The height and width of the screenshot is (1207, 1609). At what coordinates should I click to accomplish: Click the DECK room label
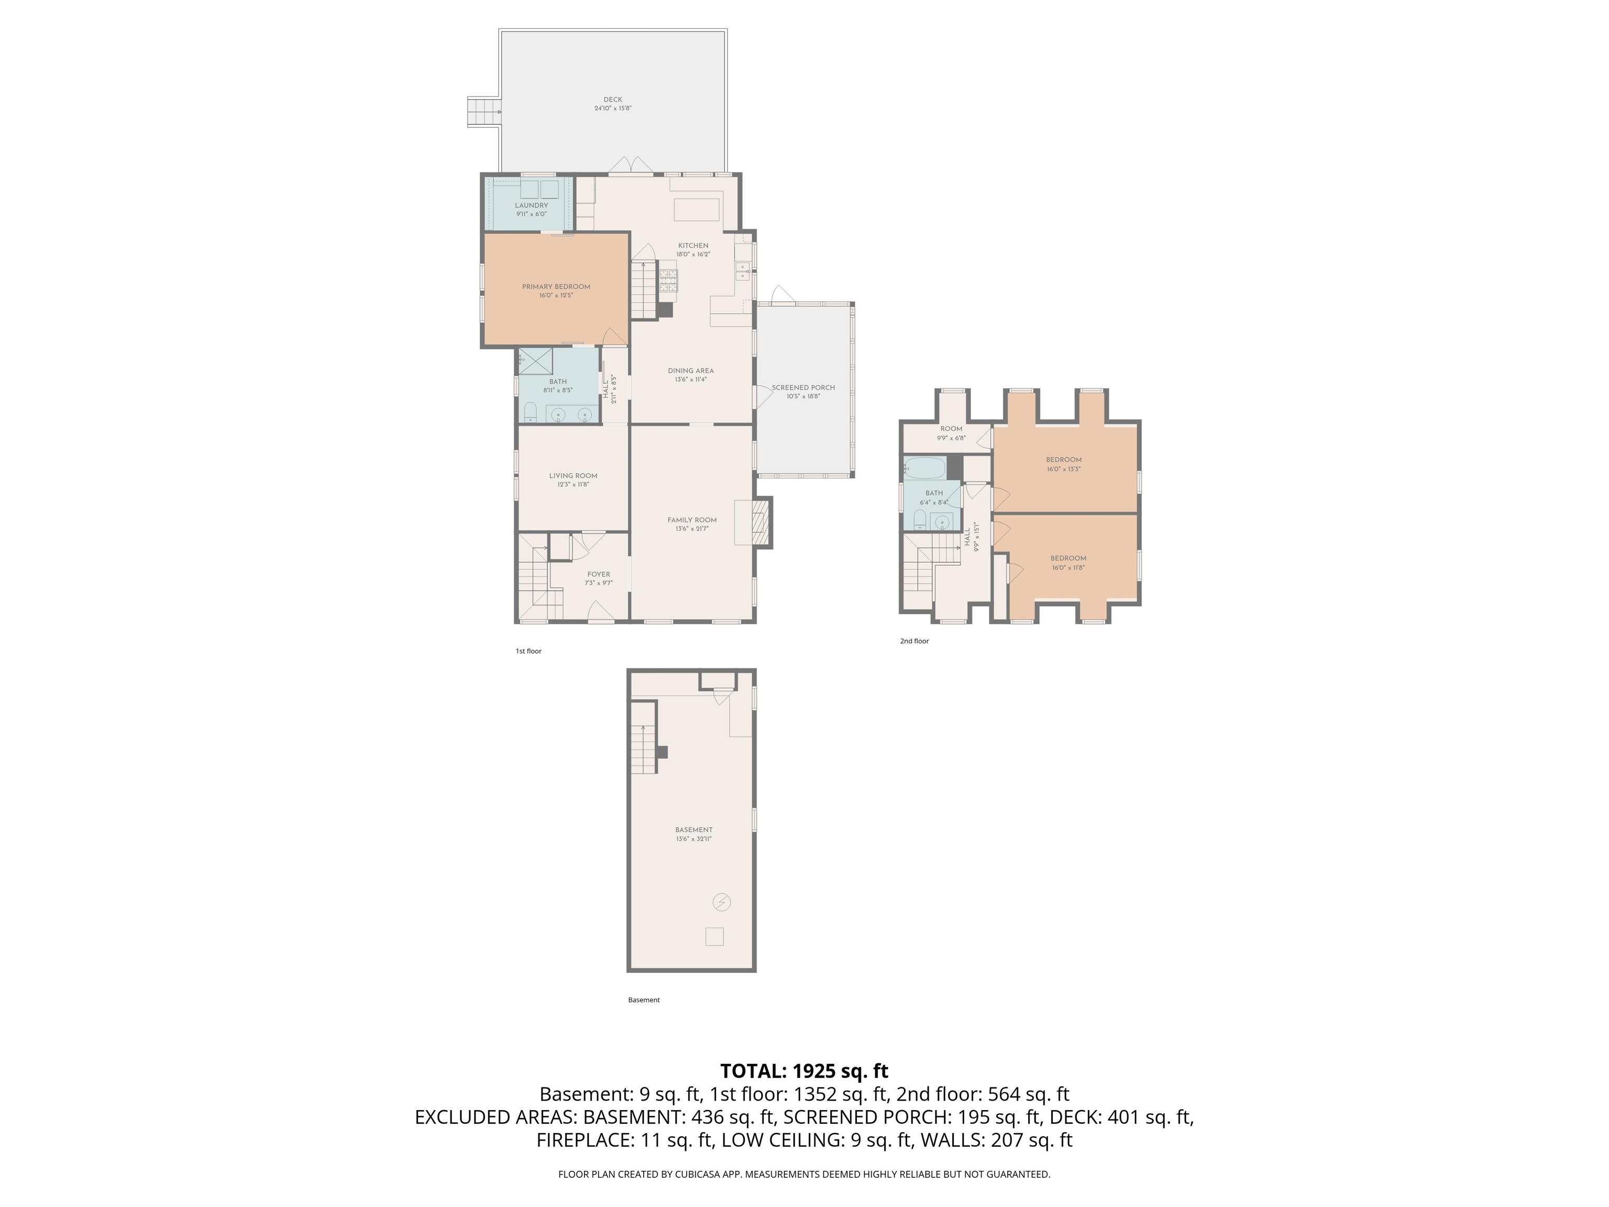coord(612,100)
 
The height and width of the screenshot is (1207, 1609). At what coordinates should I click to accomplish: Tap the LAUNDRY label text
coord(531,205)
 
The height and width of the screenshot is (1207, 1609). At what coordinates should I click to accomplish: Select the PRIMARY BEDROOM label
coord(556,287)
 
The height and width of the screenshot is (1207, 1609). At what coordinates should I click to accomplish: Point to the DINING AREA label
coord(690,370)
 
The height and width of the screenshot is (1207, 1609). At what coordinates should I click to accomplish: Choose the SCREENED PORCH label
coord(803,387)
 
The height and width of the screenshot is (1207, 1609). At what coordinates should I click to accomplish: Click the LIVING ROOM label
coord(572,476)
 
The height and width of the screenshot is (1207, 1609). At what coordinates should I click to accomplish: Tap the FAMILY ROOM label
coord(692,520)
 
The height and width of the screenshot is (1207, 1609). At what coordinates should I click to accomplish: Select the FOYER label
coord(599,574)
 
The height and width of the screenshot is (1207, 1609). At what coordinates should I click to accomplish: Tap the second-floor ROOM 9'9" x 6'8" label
coord(951,433)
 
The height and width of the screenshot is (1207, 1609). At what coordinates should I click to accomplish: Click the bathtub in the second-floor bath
coord(924,468)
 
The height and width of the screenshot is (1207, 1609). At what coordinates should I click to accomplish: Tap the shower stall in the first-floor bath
coord(535,361)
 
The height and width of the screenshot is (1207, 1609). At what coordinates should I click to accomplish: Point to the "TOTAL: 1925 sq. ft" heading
coord(804,1071)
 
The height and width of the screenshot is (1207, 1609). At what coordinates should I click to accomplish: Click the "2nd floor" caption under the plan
coord(914,641)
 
